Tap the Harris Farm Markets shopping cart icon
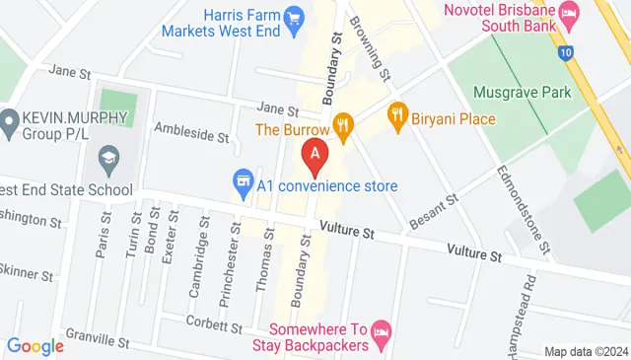(293, 17)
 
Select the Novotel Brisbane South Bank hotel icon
(569, 12)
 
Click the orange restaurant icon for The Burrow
(343, 124)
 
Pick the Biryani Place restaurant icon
(398, 113)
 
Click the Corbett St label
(211, 322)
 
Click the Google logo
(35, 346)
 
